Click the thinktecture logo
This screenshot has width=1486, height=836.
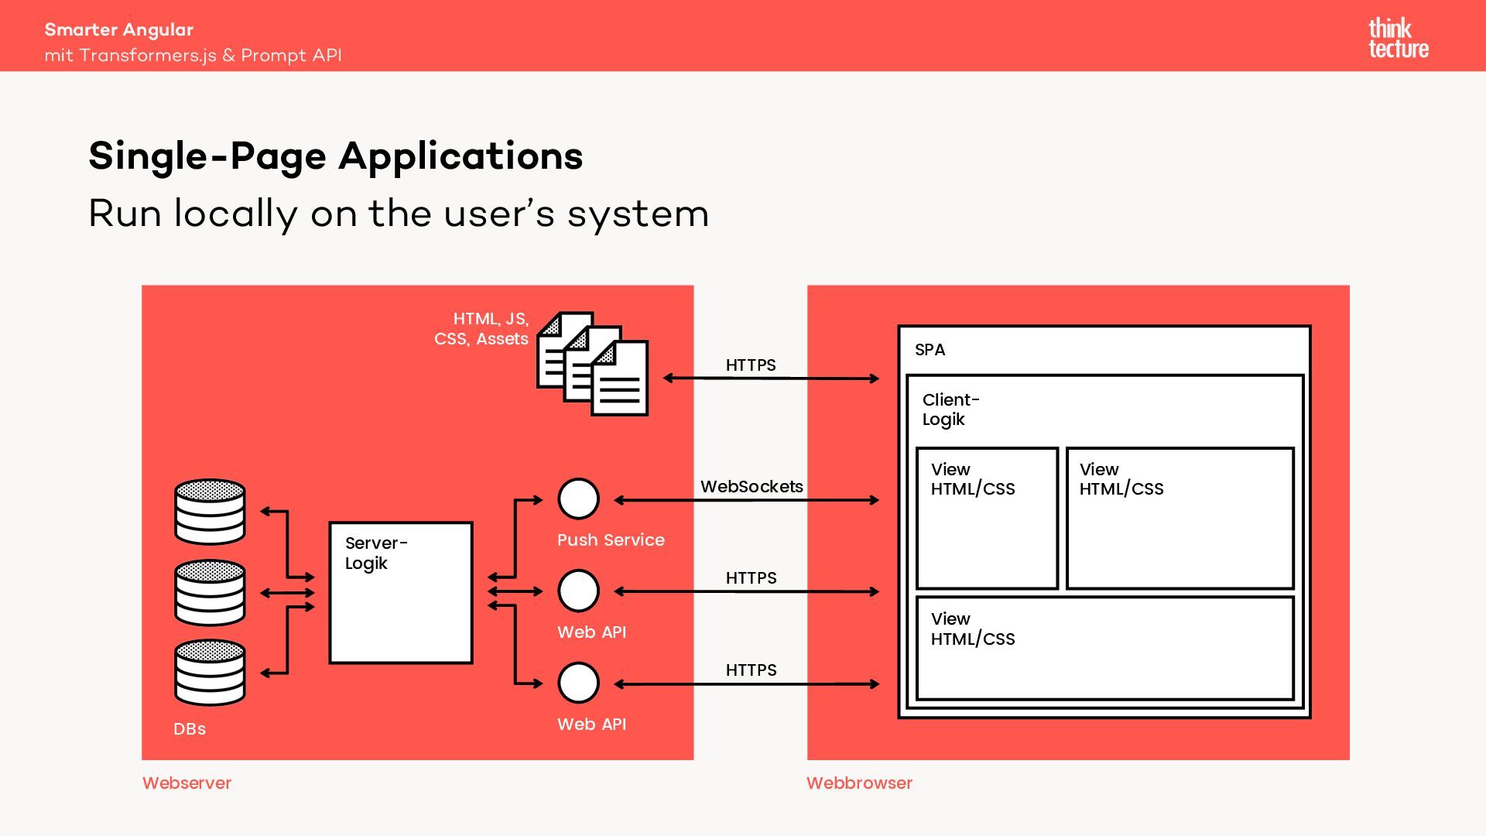(1398, 39)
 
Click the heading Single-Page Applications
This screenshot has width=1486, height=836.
(335, 156)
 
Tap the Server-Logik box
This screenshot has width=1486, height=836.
(400, 593)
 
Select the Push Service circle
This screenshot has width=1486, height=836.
(578, 499)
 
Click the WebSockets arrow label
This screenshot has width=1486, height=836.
(752, 487)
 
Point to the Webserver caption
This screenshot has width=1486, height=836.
(187, 783)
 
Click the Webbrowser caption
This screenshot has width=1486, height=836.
(859, 783)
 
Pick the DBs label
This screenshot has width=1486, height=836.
(190, 729)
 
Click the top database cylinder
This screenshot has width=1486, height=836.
(210, 512)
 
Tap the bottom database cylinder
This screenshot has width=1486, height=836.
(210, 672)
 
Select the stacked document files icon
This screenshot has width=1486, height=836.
(593, 364)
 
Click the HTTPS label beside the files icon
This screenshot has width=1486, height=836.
(751, 365)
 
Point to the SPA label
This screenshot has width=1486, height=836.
(930, 350)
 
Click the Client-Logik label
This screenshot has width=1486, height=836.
(950, 409)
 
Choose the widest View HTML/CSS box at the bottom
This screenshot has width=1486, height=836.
(1104, 648)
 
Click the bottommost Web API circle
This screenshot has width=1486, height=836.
(578, 684)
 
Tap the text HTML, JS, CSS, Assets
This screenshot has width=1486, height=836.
(482, 329)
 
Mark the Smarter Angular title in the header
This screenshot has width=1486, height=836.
(118, 30)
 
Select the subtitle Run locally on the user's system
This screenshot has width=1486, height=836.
(399, 214)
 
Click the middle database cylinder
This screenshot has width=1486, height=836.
(210, 592)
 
